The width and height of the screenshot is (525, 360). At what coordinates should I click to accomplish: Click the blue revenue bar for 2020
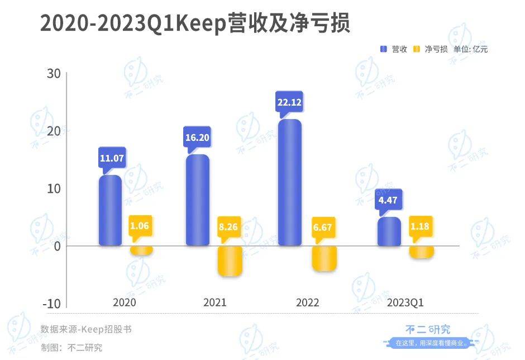click(x=110, y=211)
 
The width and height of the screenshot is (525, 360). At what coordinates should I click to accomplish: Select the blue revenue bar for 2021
click(x=197, y=200)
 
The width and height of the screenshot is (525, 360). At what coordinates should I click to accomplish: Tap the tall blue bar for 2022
click(x=290, y=183)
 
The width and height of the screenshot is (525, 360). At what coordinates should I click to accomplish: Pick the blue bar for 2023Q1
click(x=389, y=231)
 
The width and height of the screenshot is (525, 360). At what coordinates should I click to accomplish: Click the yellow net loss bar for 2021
click(x=230, y=261)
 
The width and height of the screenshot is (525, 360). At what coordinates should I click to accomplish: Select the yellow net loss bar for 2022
click(x=324, y=259)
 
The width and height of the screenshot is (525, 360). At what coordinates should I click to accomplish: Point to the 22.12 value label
click(x=289, y=102)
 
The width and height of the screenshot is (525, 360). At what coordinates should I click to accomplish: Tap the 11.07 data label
click(x=112, y=158)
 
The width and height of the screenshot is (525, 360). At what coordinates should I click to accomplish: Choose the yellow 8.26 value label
click(x=229, y=227)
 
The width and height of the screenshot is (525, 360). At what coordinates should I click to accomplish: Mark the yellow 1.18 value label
click(x=422, y=227)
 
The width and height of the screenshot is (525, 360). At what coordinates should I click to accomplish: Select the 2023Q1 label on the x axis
click(x=405, y=303)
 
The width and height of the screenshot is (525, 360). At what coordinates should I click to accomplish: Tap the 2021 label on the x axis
click(x=214, y=303)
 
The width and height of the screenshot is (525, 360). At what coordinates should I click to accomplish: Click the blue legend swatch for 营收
click(x=384, y=49)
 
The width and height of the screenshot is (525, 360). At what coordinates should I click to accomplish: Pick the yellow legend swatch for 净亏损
click(x=417, y=49)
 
